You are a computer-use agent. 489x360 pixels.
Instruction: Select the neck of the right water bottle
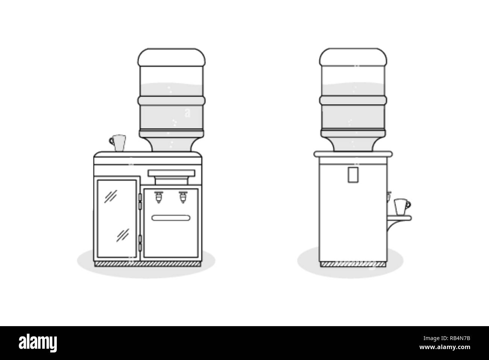(353, 144)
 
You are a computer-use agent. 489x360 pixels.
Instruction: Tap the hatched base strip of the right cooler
(353, 264)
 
